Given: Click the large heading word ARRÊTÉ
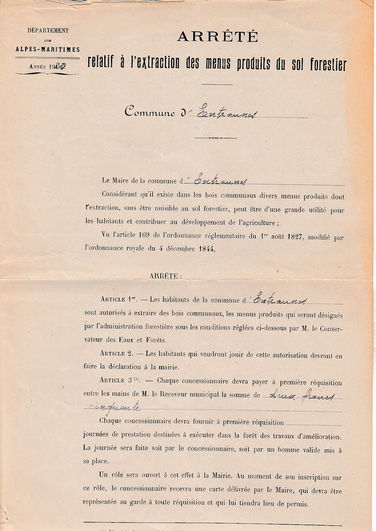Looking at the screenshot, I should tap(217, 37).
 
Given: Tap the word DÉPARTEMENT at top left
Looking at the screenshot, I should tap(48, 31).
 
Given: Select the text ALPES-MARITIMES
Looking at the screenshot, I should tap(48, 49).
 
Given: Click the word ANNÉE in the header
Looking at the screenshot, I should tap(37, 67).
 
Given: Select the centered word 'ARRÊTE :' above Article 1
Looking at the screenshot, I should tap(166, 276).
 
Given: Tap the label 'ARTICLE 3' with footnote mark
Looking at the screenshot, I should tap(119, 380).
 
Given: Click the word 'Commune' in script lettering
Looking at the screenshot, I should tap(150, 113).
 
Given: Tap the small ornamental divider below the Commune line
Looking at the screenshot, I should tap(215, 138).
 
